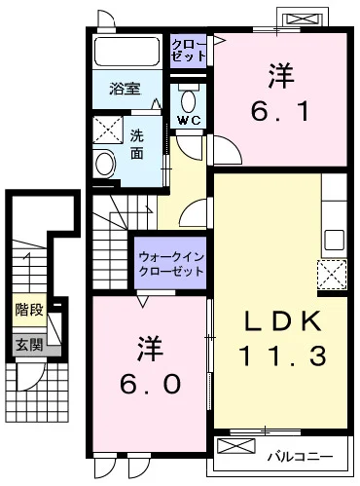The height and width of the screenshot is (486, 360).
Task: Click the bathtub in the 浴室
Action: click(x=126, y=52)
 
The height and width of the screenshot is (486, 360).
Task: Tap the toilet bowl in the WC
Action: click(x=188, y=101)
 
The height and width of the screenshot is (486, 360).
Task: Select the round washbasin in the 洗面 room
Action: click(x=105, y=164)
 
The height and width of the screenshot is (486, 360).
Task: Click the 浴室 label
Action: click(x=125, y=89)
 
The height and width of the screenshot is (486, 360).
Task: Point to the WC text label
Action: click(x=189, y=121)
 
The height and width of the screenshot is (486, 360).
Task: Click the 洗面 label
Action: click(x=137, y=144)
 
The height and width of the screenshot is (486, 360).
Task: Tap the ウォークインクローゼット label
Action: click(x=171, y=264)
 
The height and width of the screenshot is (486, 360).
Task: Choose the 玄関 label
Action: click(x=29, y=345)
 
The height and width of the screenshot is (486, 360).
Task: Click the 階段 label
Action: click(x=29, y=310)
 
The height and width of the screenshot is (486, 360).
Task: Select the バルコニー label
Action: click(x=300, y=457)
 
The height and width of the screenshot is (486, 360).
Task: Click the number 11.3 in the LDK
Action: click(x=282, y=355)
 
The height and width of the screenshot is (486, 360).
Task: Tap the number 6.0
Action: click(x=150, y=384)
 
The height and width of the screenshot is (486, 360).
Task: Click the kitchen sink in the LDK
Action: click(x=335, y=240)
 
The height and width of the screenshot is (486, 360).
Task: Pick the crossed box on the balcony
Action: click(x=236, y=446)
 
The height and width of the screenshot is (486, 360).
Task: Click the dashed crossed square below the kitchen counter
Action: click(x=332, y=275)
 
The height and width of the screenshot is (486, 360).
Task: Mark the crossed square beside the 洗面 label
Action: click(x=108, y=131)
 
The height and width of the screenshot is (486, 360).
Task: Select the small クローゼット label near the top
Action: click(x=189, y=51)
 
